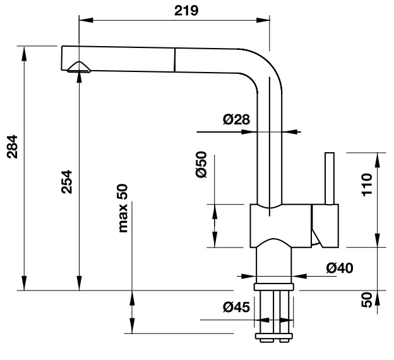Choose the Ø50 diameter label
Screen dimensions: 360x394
(x=201, y=164)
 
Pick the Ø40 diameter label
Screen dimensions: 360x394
(x=339, y=268)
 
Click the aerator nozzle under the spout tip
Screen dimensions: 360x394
(x=79, y=68)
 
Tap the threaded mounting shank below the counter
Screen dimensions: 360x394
(x=274, y=314)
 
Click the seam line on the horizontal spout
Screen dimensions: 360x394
(x=172, y=59)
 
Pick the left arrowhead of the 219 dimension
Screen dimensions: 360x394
(x=83, y=20)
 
